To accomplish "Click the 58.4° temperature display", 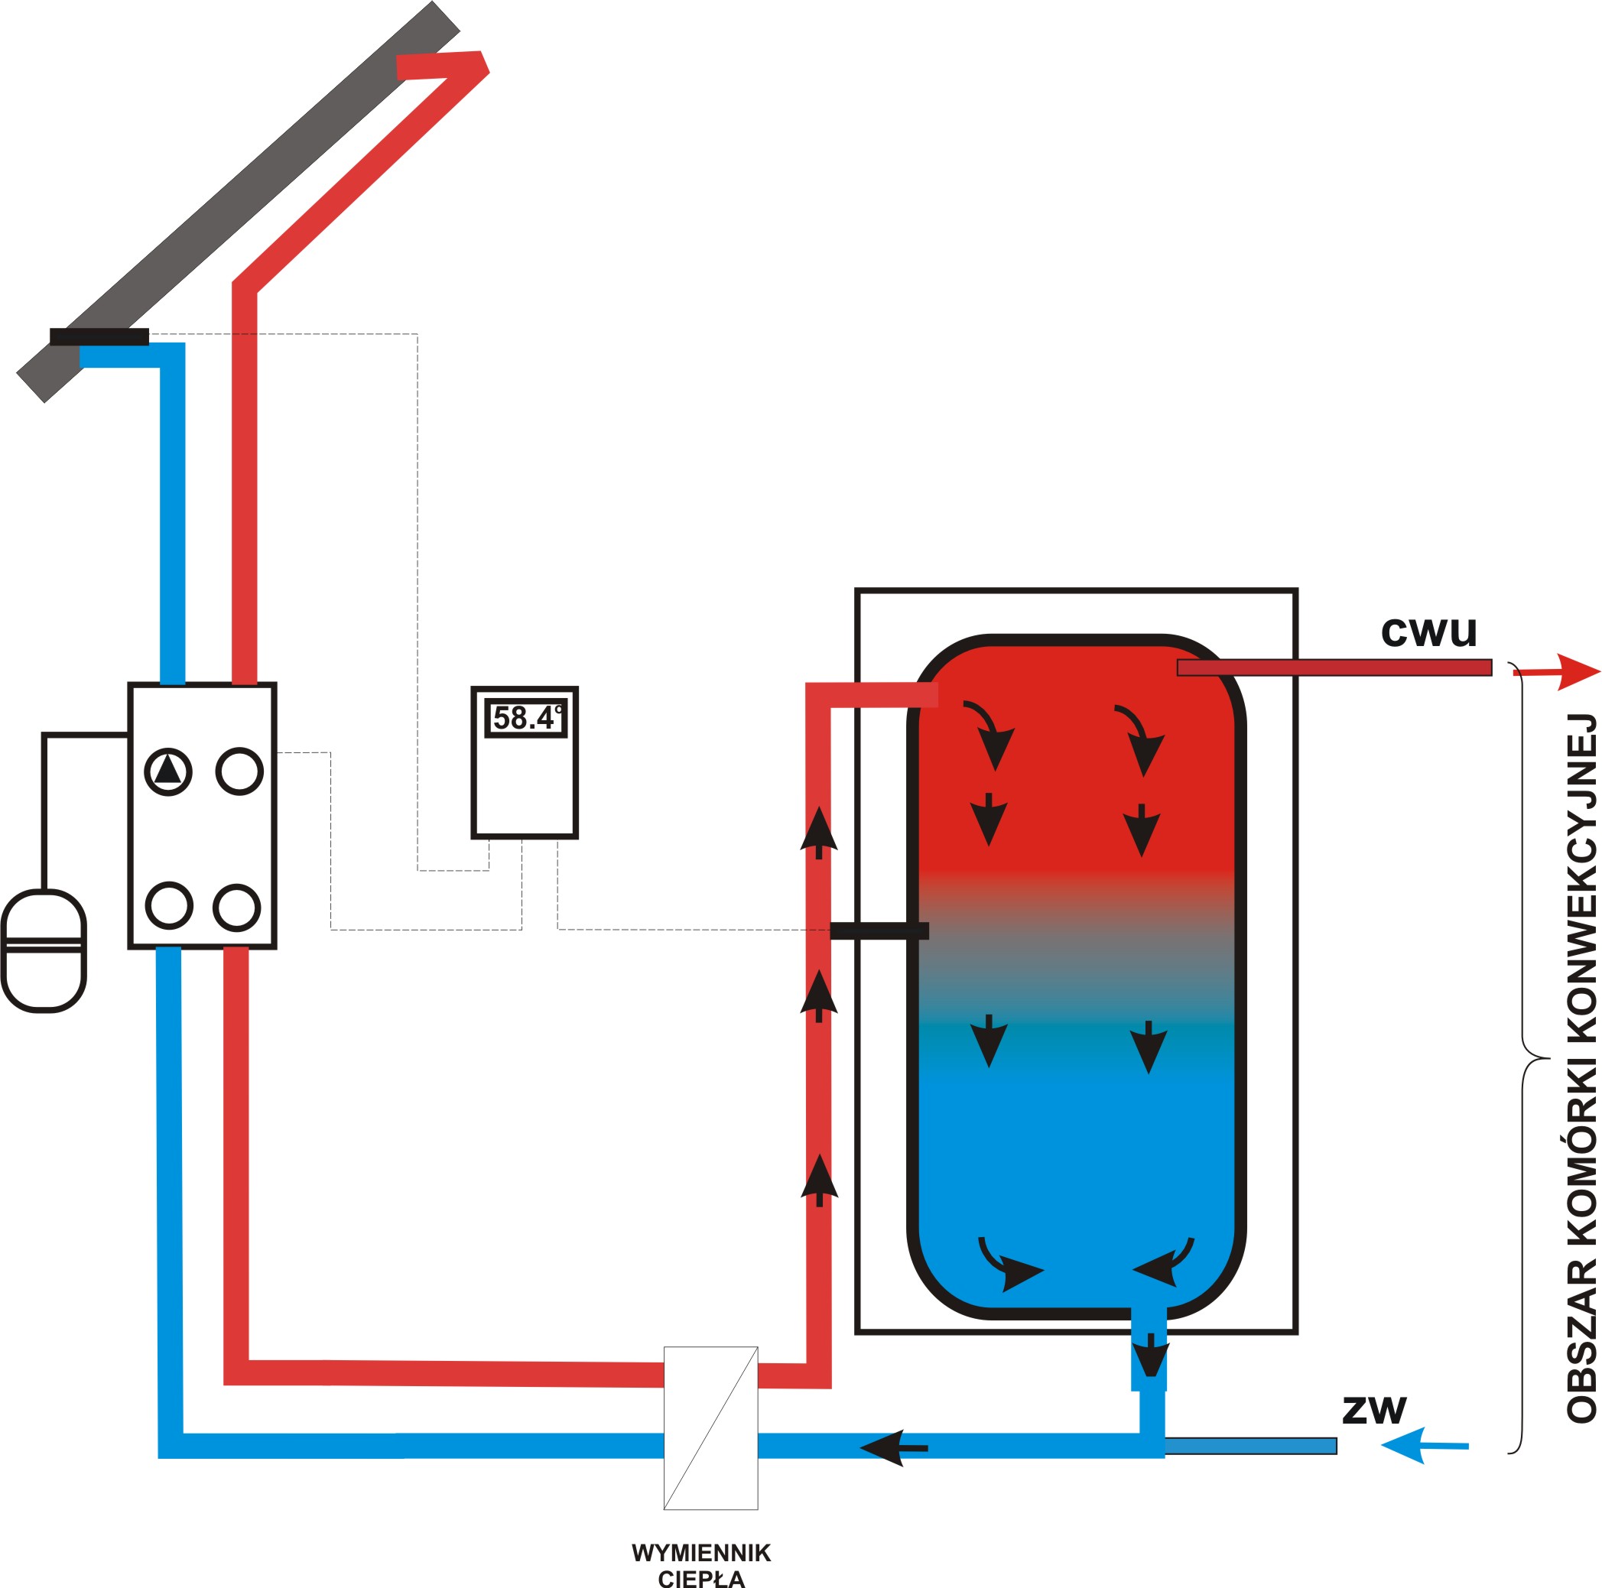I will [525, 717].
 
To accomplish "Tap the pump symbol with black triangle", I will [168, 771].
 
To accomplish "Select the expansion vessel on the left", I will [44, 950].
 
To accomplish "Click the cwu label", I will [1428, 631].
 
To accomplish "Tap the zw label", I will [1374, 1409].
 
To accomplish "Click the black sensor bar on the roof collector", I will [99, 336].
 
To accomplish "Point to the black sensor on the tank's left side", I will [879, 930].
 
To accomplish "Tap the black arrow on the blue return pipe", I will [894, 1447].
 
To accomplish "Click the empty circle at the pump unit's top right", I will [239, 771].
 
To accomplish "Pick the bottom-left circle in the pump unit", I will [169, 904].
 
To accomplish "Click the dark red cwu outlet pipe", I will [1334, 667].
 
